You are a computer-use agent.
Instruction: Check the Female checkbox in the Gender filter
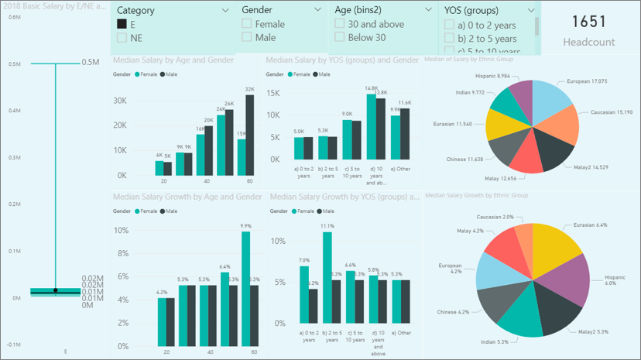246,24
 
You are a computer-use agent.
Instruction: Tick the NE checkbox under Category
122,38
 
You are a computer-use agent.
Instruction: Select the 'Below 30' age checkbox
339,37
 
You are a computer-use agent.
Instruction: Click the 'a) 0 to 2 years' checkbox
450,25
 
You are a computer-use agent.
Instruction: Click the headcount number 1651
588,22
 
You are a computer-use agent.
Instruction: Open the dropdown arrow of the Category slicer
225,11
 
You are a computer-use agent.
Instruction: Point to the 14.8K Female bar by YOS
371,126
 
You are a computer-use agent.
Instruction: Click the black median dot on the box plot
55,290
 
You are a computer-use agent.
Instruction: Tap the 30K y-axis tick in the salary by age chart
121,101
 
